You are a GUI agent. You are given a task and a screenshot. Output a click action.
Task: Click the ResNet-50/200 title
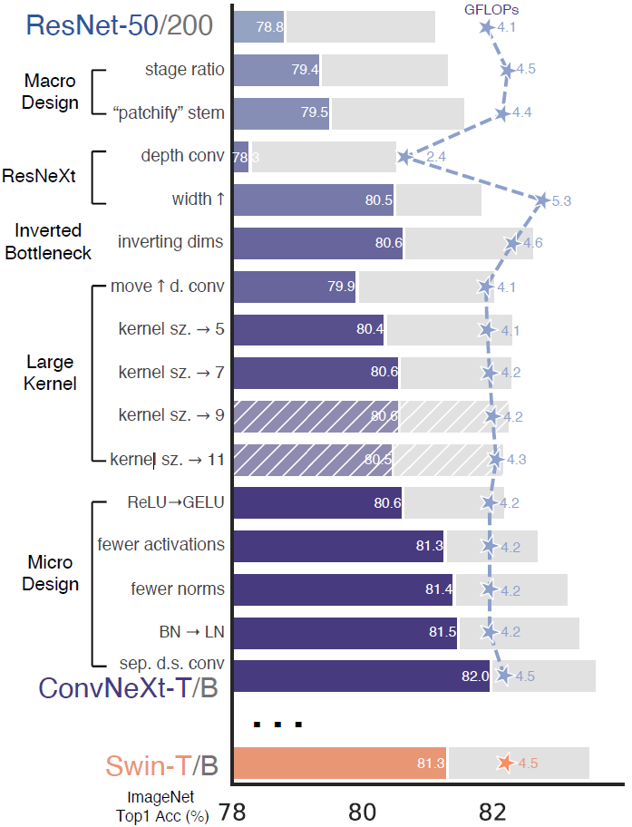point(120,25)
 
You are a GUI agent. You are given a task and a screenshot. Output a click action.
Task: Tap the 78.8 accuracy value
point(269,27)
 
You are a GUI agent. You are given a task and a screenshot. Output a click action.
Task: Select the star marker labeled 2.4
point(404,157)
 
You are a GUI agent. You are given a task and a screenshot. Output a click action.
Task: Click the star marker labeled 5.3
point(542,200)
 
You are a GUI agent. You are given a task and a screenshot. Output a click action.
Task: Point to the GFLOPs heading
point(491,10)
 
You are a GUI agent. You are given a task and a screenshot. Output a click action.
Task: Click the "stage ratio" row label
point(185,70)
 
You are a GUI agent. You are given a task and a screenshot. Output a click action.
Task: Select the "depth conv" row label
point(182,156)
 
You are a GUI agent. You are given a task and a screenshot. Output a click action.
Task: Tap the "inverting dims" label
point(170,242)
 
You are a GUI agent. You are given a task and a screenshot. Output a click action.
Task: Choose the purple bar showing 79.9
point(295,287)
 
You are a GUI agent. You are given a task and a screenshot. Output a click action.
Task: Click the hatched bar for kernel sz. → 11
point(313,460)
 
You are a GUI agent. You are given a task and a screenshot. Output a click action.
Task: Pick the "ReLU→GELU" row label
point(176,502)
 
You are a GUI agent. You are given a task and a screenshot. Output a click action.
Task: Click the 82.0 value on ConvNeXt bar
point(475,676)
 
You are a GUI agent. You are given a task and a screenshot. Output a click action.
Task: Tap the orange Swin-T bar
point(340,764)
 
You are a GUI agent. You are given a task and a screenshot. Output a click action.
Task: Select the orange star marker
point(505,763)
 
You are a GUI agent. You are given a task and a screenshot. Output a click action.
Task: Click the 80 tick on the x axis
point(362,812)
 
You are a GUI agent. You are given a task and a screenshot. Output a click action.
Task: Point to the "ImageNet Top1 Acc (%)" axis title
point(162,806)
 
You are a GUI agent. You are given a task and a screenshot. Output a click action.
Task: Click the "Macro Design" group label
point(50,92)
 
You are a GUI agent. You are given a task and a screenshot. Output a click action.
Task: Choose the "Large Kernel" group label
point(50,373)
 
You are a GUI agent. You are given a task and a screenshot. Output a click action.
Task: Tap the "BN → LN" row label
point(191,632)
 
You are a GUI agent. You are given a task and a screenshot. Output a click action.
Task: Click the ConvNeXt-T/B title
point(128,687)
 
